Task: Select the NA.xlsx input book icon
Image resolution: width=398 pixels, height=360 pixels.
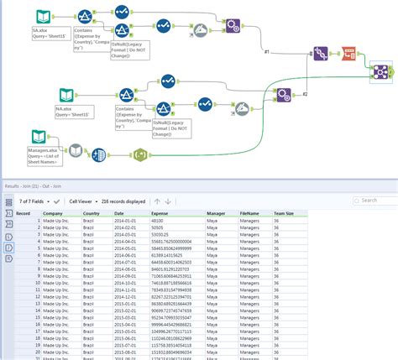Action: [x=65, y=95]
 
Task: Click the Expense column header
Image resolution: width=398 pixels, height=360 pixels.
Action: [x=160, y=213]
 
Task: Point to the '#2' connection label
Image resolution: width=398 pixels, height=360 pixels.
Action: [x=306, y=94]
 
